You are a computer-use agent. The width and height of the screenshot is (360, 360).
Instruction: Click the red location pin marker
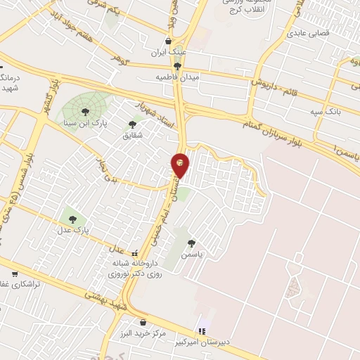point(180,165)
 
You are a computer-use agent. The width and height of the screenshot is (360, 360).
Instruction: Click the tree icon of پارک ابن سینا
point(85,112)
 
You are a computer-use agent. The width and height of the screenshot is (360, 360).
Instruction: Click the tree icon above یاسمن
point(191,243)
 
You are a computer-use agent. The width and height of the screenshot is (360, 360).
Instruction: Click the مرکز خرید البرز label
point(143,333)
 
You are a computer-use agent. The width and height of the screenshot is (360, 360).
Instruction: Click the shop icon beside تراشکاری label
point(14,274)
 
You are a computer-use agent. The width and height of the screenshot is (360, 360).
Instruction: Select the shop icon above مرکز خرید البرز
point(143,322)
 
